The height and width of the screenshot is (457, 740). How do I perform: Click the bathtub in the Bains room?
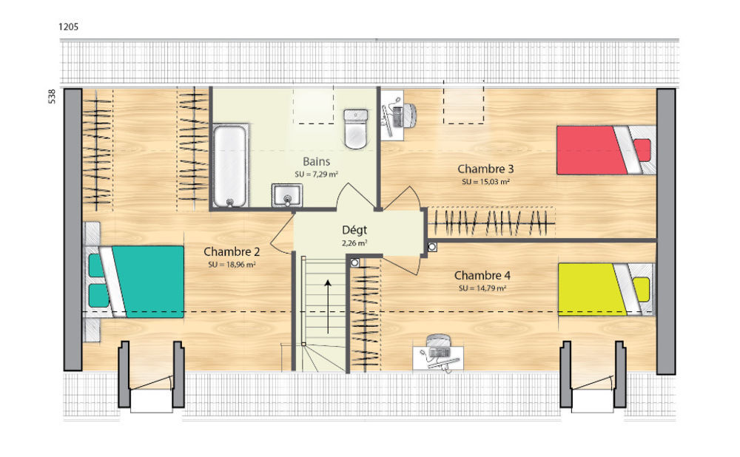[230, 166]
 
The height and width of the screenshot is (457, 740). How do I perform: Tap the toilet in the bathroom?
[355, 128]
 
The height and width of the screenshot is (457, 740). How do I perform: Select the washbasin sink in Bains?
[287, 195]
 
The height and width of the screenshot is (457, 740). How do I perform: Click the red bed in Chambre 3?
[607, 150]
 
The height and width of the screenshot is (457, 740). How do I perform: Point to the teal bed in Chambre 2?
[136, 282]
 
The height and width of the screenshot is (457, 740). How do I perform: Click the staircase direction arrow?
[328, 306]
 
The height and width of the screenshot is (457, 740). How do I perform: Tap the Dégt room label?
[354, 230]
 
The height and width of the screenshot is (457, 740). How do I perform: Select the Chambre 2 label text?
[232, 252]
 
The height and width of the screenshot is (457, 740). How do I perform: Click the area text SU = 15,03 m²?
[485, 182]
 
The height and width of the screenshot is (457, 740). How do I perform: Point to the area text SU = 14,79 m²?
[482, 288]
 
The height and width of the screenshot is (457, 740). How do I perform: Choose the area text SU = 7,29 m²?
[316, 174]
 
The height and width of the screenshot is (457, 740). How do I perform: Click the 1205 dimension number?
[68, 27]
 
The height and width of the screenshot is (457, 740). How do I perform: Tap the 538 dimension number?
[52, 96]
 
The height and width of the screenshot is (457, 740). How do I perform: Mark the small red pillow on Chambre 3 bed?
[642, 150]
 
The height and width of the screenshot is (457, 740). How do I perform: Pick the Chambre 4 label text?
[482, 275]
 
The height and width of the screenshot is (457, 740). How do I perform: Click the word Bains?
[316, 162]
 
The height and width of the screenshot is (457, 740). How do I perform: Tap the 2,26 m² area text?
[354, 243]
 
